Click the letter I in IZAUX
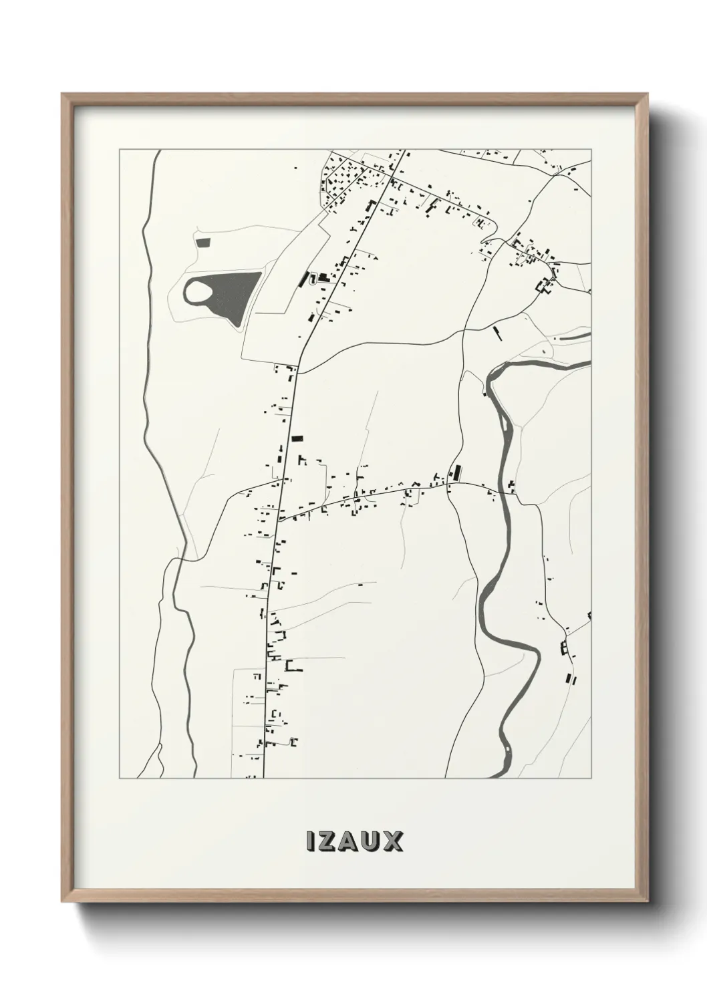310,841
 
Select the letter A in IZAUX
349,841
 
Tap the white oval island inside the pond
198,291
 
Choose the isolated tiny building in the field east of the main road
361,585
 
